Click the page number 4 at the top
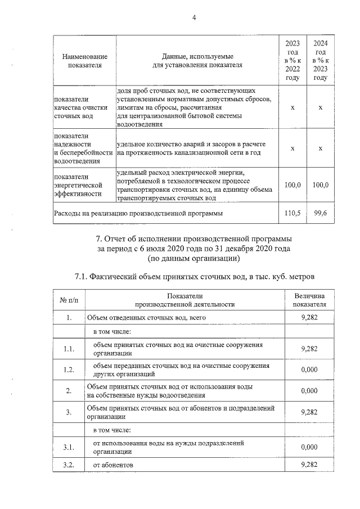(193, 17)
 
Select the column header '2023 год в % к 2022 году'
(292, 61)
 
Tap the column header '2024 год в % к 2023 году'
(320, 61)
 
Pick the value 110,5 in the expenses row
(292, 213)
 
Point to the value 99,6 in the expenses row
(320, 213)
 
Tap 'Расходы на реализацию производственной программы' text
(138, 213)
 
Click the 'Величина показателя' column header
(309, 300)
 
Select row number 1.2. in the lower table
(69, 370)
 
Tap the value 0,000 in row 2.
(309, 390)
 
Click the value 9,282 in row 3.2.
(309, 465)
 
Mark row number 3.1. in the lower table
(69, 447)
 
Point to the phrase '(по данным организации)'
(193, 259)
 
